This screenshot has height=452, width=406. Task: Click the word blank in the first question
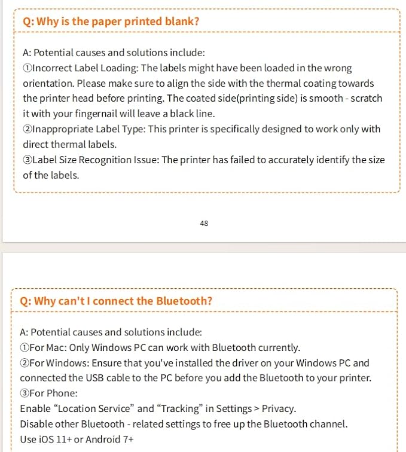(x=181, y=22)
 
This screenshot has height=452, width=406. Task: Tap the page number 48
(x=204, y=224)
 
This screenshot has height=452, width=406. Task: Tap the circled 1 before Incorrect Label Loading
(x=28, y=68)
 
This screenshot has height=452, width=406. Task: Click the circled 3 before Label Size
(x=28, y=160)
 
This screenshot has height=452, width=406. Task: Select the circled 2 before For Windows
(x=25, y=363)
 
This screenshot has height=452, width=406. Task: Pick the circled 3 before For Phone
(x=25, y=393)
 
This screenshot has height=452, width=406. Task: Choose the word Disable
(x=37, y=424)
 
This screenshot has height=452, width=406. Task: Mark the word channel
(x=327, y=424)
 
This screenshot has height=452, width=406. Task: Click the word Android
(x=103, y=439)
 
